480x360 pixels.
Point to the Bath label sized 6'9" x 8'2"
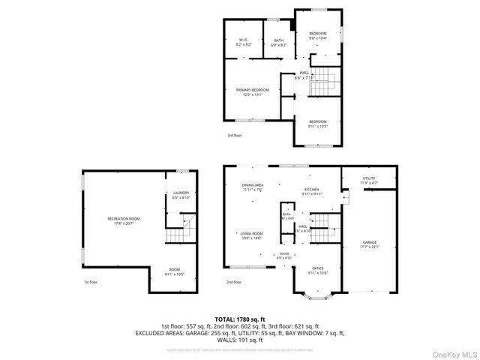click(278, 43)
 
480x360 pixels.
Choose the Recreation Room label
click(124, 220)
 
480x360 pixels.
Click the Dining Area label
click(252, 187)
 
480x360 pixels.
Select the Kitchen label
click(312, 191)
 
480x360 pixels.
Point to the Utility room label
click(369, 181)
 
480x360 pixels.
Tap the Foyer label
click(284, 256)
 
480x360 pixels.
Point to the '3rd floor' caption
click(235, 136)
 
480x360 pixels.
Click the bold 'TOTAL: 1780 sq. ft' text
click(240, 319)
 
